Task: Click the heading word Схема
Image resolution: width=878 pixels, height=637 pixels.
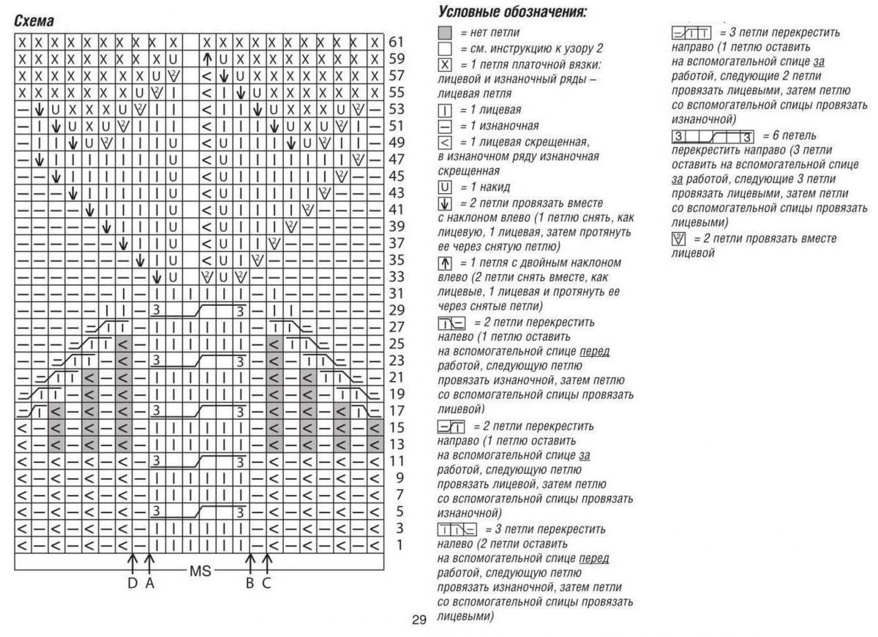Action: point(34,22)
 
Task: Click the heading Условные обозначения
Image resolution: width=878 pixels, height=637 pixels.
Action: point(513,12)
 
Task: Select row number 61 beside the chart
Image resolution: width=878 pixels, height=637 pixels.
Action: point(397,42)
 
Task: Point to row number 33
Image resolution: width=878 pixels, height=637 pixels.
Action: point(397,277)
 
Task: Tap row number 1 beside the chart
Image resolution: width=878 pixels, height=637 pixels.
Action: point(399,545)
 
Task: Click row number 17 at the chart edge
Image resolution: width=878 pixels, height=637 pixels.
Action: point(397,411)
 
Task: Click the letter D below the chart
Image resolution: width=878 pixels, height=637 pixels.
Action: point(132,583)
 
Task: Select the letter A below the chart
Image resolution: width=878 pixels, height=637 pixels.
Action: point(149,583)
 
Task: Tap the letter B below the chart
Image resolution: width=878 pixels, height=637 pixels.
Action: point(249,583)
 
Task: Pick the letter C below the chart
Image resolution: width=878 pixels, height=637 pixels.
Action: point(267,583)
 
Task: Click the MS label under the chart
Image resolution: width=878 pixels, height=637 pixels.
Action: point(200,570)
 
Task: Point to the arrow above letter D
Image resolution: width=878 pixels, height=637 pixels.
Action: point(132,562)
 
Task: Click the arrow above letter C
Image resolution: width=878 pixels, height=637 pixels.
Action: point(267,562)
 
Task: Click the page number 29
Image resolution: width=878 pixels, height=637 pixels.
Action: point(419,621)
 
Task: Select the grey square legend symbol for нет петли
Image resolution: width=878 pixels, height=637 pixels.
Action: point(444,33)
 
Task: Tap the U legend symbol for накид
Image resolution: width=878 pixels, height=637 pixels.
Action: point(444,187)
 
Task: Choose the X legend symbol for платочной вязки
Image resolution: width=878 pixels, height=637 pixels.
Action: point(444,64)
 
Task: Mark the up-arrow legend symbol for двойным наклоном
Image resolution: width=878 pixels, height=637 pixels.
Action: point(444,263)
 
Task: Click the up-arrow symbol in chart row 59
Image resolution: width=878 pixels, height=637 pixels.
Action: point(207,59)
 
